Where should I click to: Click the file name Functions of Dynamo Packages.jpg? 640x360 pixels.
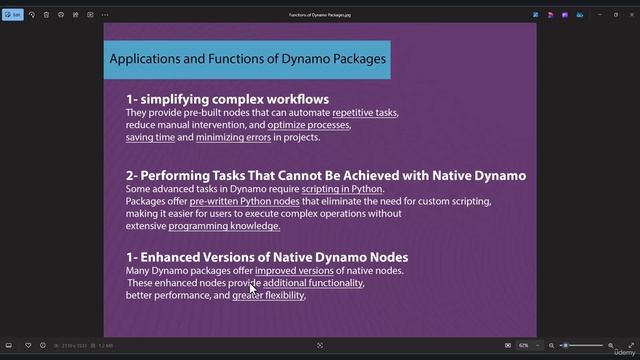point(320,15)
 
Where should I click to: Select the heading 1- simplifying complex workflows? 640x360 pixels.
point(227,99)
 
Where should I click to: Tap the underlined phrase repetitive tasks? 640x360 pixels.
point(365,113)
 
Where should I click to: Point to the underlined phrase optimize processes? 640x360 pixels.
point(309,125)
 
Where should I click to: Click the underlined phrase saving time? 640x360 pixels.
point(151,137)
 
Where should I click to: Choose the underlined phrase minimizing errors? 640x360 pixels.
point(233,137)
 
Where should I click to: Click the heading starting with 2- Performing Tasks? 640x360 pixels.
point(325,176)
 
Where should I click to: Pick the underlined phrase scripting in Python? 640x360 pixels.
point(341,189)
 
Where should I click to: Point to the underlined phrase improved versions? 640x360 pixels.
point(294,271)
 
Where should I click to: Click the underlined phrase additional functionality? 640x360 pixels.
point(313,283)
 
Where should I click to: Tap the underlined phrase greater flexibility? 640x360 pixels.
point(268,296)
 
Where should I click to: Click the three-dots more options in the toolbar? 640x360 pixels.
point(105,15)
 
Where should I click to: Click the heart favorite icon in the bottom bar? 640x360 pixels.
point(28,345)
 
